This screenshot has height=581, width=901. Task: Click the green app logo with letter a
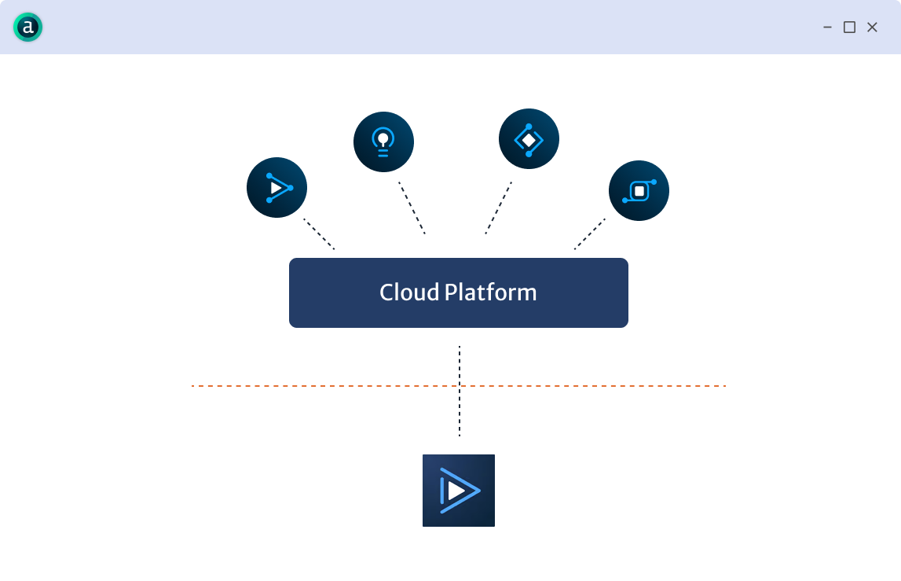27,28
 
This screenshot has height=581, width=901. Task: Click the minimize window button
827,28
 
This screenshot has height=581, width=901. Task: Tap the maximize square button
849,28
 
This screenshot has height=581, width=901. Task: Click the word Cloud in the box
409,292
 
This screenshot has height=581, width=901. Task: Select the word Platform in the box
491,293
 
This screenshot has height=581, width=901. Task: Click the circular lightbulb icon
383,142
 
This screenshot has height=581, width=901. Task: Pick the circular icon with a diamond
529,139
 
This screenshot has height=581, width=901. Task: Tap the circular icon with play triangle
277,188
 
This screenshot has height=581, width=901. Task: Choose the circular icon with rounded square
639,191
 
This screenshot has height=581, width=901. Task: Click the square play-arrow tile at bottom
459,491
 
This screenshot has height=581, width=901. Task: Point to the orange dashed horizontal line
314,386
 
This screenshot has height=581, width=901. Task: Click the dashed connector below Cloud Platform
460,409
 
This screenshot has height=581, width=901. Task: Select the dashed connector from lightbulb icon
412,208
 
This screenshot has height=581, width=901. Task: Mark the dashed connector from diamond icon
498,208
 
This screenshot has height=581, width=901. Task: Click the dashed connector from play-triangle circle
319,234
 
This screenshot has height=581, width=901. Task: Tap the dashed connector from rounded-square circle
590,234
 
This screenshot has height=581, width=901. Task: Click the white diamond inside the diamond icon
529,140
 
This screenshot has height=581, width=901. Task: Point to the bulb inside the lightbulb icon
383,138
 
